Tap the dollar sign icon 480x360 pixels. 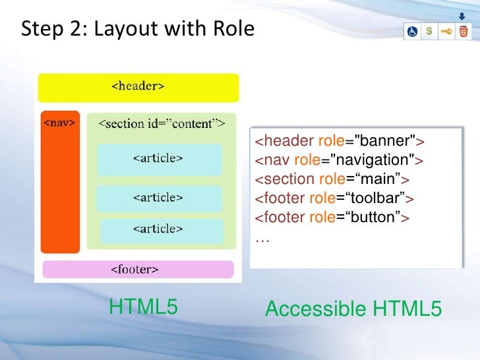click(x=430, y=32)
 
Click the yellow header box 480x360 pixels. click(x=138, y=87)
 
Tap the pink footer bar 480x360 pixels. click(x=138, y=269)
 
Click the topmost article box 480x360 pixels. click(x=158, y=159)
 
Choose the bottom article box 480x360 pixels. click(x=162, y=229)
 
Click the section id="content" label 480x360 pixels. click(x=162, y=123)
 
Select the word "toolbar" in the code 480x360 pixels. click(x=380, y=198)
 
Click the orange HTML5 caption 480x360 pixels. click(x=143, y=307)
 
